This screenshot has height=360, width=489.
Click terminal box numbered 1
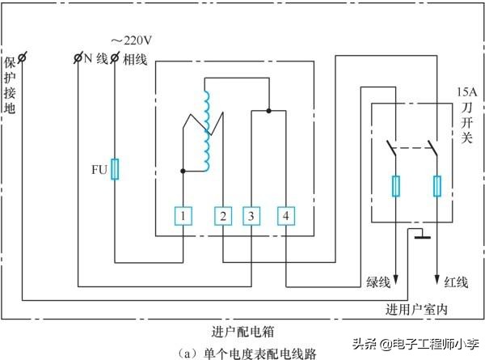184,216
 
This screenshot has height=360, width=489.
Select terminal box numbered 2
223,216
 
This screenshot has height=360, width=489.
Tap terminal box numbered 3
251,216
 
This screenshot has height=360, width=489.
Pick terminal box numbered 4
285,216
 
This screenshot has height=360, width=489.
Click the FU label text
99,171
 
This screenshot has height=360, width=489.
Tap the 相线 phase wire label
134,58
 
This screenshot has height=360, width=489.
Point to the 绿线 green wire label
378,282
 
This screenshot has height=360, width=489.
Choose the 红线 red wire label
456,282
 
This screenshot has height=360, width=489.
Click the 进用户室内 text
416,310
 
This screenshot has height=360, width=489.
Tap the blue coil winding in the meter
208,129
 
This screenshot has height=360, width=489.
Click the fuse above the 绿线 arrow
396,187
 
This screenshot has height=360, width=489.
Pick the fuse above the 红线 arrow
437,187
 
